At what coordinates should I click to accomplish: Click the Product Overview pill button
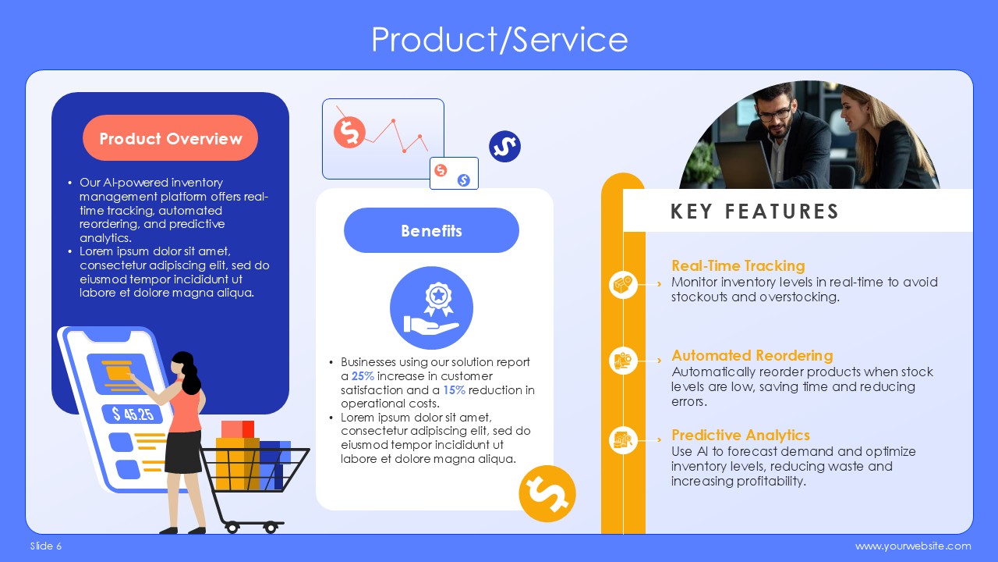[170, 138]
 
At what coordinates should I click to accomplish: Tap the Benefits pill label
[431, 230]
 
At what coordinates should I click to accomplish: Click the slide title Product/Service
[500, 40]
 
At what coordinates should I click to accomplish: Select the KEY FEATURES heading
[755, 212]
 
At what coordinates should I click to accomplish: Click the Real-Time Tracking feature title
[738, 266]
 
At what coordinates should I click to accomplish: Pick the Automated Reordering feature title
[752, 355]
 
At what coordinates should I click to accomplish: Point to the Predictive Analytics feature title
[741, 435]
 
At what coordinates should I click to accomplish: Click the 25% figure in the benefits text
[363, 376]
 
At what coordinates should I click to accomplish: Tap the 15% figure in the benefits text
[454, 389]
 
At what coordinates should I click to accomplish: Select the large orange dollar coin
[547, 494]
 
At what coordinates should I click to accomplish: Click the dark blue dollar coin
[504, 146]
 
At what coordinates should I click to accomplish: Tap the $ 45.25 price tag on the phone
[133, 414]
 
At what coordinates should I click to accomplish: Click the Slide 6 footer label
[46, 546]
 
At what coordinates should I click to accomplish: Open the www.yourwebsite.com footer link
[913, 546]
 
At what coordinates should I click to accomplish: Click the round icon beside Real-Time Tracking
[623, 285]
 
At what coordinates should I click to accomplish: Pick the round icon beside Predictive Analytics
[623, 439]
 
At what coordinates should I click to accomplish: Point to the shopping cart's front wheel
[270, 528]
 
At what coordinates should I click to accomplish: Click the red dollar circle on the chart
[349, 132]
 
